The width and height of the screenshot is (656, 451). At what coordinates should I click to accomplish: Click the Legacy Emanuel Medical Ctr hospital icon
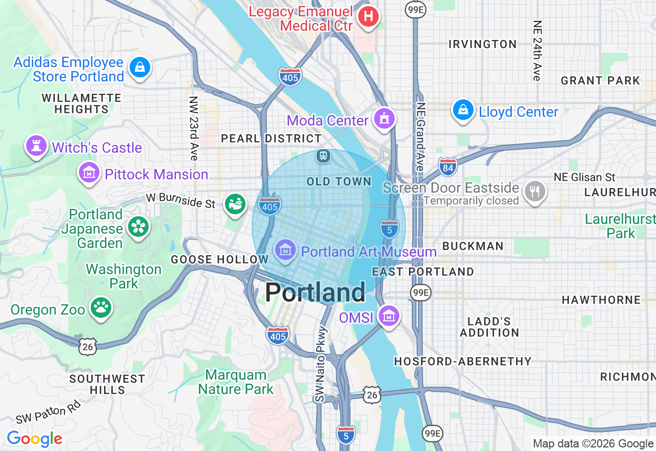click(368, 17)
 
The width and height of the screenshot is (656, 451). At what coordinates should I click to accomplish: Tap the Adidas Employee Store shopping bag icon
click(139, 67)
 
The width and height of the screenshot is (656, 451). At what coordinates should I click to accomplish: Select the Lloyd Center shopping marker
click(463, 110)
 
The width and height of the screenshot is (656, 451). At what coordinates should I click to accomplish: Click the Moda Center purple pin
click(384, 119)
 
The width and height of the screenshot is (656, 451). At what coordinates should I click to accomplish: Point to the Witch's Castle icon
click(36, 147)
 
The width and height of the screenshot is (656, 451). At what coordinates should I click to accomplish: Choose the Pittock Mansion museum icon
click(89, 173)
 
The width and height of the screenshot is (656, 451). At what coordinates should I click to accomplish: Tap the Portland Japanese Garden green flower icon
click(138, 227)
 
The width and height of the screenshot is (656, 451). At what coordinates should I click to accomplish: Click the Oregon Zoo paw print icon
click(101, 307)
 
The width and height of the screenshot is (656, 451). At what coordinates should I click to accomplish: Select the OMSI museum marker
click(388, 316)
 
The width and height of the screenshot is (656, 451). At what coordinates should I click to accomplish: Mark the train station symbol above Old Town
click(323, 155)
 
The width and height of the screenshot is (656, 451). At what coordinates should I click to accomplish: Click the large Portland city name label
click(315, 292)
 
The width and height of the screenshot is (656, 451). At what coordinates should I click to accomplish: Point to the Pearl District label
click(271, 139)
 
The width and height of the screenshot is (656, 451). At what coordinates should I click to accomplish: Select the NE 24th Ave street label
click(537, 50)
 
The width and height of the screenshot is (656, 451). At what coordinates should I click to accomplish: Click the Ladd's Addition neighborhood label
click(489, 327)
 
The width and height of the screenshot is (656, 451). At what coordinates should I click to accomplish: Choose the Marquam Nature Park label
click(236, 382)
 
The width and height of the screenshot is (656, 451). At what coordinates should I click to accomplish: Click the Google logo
click(34, 439)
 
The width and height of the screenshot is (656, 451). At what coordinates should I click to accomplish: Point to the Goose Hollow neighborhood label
click(219, 260)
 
